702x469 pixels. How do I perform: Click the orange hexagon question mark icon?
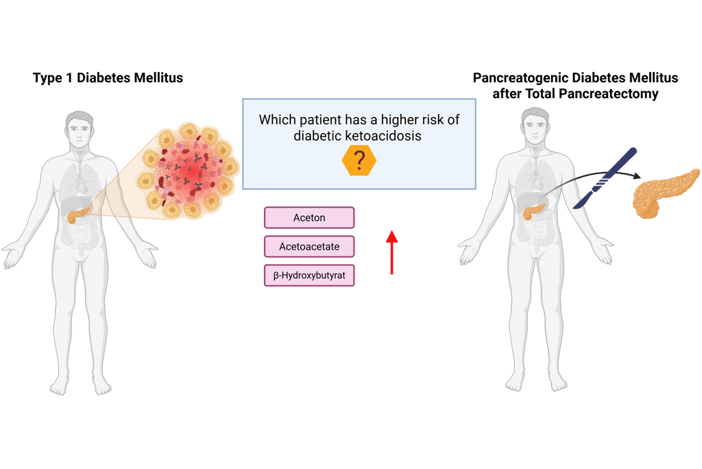click(x=359, y=161)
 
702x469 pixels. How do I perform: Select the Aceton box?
click(x=309, y=218)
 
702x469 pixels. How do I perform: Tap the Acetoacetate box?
click(x=309, y=246)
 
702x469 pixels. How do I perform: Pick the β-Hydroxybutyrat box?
click(x=309, y=275)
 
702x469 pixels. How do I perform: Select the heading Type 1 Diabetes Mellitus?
click(x=108, y=77)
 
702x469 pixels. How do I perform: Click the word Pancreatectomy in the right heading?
click(x=609, y=94)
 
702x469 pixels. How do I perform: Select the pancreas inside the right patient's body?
click(x=535, y=211)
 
